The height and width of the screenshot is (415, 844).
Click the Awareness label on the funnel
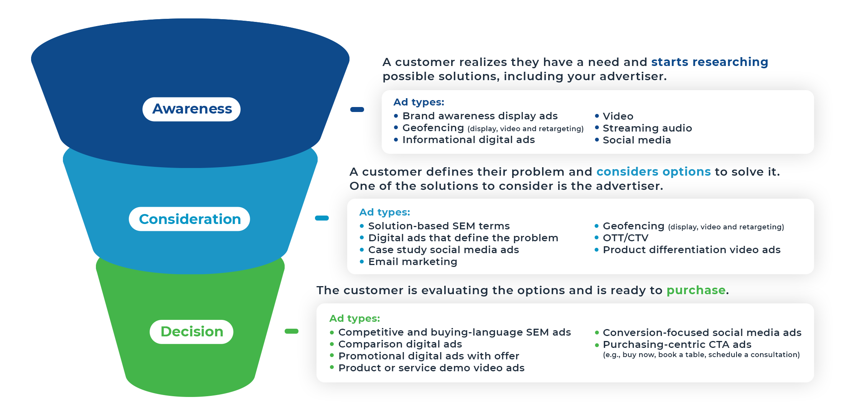pyautogui.click(x=191, y=109)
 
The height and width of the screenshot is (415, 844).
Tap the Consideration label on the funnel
pyautogui.click(x=190, y=219)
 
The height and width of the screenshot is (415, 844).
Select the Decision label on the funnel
pyautogui.click(x=191, y=332)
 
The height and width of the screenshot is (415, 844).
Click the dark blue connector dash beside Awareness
pyautogui.click(x=357, y=110)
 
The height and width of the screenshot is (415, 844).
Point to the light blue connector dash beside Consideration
pyautogui.click(x=322, y=218)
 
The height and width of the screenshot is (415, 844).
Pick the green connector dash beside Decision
pyautogui.click(x=292, y=331)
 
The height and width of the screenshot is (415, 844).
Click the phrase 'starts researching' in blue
pyautogui.click(x=709, y=62)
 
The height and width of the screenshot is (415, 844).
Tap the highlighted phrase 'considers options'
pyautogui.click(x=653, y=171)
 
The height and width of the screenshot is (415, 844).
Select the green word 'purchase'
pyautogui.click(x=696, y=290)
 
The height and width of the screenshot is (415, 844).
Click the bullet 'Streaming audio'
pyautogui.click(x=647, y=128)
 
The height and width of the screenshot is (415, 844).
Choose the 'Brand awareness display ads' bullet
pyautogui.click(x=480, y=116)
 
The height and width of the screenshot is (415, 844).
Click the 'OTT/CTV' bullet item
pyautogui.click(x=625, y=238)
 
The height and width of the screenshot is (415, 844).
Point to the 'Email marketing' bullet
pyautogui.click(x=412, y=262)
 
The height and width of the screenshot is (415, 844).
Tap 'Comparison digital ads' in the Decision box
pyautogui.click(x=400, y=344)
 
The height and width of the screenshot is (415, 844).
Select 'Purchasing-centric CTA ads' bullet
pyautogui.click(x=677, y=344)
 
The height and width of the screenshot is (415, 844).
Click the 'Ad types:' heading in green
pyautogui.click(x=354, y=318)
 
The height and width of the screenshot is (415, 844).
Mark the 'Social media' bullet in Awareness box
pyautogui.click(x=636, y=140)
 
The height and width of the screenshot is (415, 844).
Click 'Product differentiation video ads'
pyautogui.click(x=691, y=250)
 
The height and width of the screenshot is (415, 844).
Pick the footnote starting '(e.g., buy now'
pyautogui.click(x=701, y=355)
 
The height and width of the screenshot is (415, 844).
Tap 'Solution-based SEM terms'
pyautogui.click(x=438, y=226)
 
